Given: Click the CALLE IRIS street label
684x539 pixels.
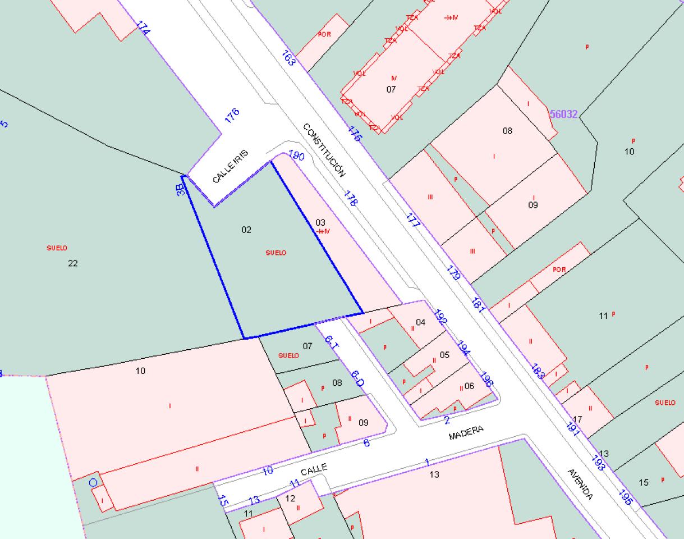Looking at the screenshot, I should point(230,166).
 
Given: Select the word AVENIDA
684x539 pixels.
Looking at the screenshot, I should point(580,484).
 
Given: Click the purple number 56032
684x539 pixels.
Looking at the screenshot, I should point(563,114).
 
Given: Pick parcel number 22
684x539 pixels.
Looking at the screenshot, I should point(72,263).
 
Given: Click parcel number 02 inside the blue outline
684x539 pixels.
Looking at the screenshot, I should point(246,230).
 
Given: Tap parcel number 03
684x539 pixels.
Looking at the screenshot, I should point(320,223).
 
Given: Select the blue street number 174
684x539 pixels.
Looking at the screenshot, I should point(143,28).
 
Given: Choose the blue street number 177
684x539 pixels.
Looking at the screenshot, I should point(412,220).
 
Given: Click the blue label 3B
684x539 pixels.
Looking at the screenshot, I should point(180,188).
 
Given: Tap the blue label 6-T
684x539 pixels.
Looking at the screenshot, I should point(331,342).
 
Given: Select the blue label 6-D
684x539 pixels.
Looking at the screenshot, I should point(357,378).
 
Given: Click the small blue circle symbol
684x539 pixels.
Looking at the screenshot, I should point(93,482).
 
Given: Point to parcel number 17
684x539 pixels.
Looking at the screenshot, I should point(578,419).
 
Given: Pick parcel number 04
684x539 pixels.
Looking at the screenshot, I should point(420,322).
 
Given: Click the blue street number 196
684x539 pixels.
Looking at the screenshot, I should point(486,380).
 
